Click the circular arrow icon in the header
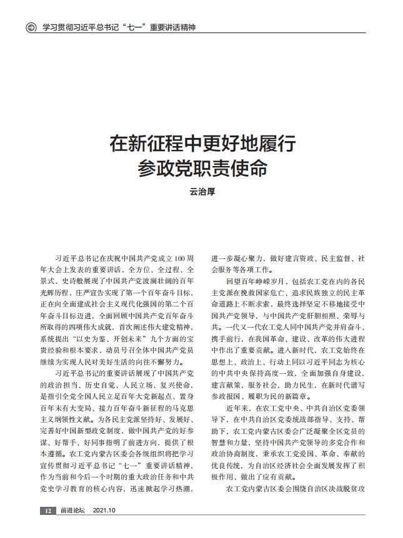click(x=29, y=28)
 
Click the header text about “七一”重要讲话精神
click(x=119, y=28)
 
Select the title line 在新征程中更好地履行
click(x=201, y=145)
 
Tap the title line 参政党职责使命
click(x=201, y=169)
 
